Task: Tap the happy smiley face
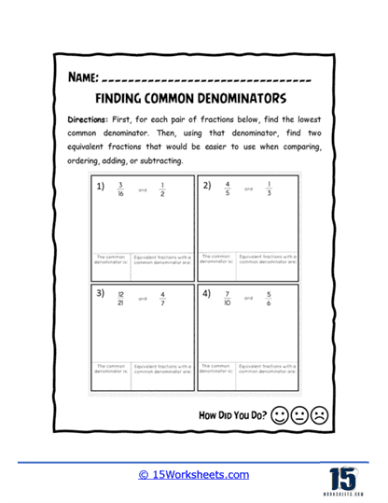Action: coord(281,413)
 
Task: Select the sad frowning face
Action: coord(320,413)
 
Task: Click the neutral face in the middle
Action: coord(300,413)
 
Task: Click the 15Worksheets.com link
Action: coord(194,475)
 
